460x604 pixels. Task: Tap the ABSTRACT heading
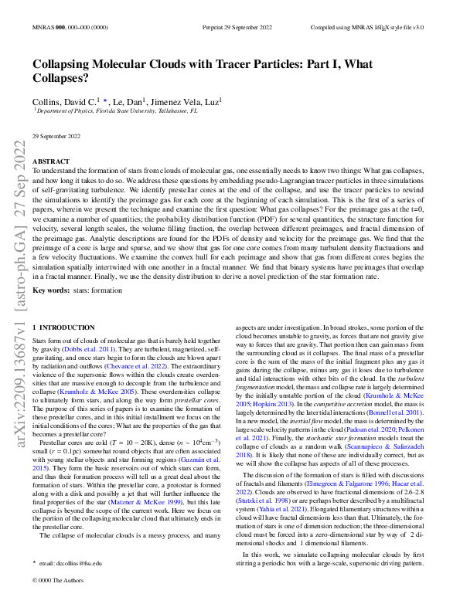tap(50, 161)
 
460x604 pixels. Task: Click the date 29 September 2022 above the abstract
tap(56, 136)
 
